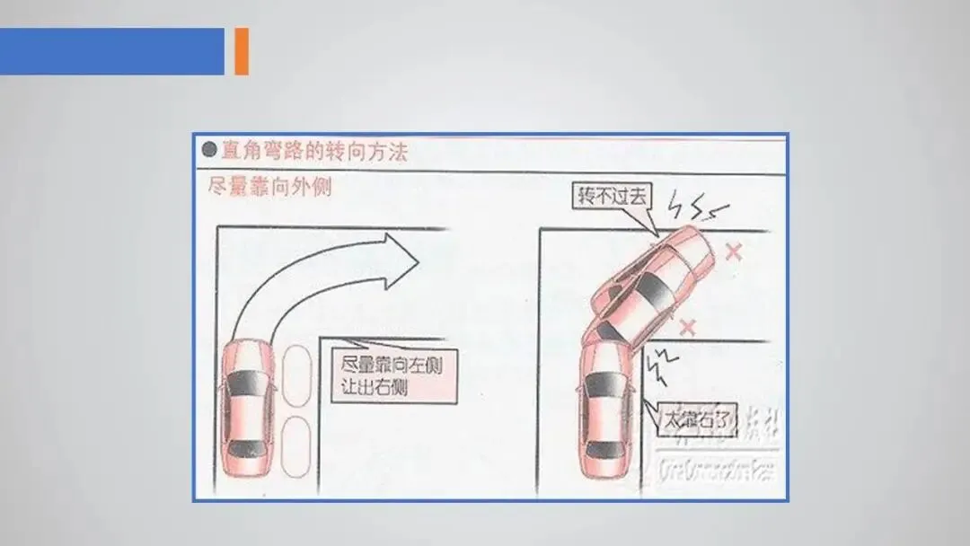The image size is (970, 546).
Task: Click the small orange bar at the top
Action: [241, 51]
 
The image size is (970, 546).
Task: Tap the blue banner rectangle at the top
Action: [111, 51]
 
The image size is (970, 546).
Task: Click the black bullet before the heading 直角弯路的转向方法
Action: [209, 151]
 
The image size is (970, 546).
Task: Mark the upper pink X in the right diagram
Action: [733, 251]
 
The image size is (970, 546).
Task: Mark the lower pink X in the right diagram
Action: [687, 326]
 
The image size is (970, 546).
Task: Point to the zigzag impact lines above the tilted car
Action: [699, 211]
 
